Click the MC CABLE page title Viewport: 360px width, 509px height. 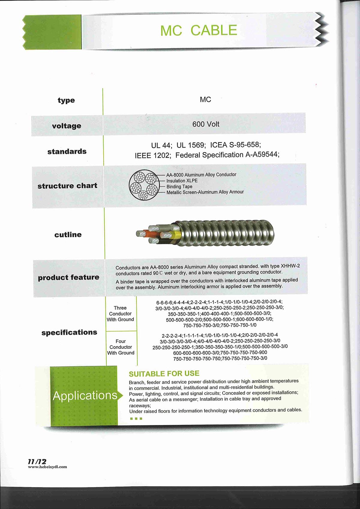[199, 30]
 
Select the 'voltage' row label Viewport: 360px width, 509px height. [67, 126]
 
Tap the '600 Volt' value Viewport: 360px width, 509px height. [206, 124]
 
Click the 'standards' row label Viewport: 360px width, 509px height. [67, 151]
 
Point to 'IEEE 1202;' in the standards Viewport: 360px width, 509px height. [153, 156]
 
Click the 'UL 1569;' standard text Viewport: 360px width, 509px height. [191, 145]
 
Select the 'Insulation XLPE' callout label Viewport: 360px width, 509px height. [182, 181]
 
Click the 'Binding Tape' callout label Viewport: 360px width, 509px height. [179, 187]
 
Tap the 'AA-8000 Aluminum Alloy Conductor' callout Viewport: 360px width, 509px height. [201, 175]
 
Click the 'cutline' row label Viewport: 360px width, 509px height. [68, 235]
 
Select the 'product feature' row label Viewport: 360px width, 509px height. [69, 277]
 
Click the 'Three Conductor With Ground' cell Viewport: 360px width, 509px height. [120, 314]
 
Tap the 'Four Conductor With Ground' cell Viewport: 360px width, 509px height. [121, 347]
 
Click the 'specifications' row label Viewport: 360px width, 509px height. [69, 332]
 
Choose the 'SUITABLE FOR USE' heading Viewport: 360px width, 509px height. [164, 373]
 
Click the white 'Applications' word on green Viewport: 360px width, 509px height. [85, 396]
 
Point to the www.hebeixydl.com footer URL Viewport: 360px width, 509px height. [47, 467]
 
